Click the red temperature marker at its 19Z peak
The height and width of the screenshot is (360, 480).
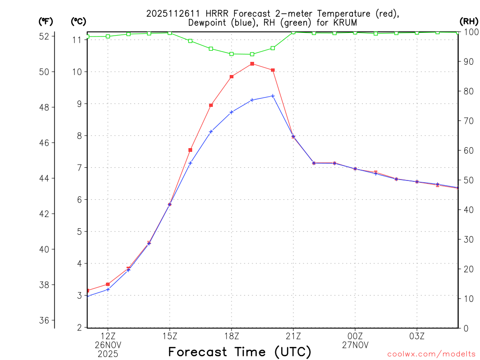252,64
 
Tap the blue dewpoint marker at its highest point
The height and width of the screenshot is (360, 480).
273,96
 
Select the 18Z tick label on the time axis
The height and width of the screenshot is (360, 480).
232,336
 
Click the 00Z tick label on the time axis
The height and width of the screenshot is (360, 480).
355,336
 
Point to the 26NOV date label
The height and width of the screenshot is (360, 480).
108,345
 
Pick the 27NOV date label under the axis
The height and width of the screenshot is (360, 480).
355,345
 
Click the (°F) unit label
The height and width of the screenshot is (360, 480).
46,21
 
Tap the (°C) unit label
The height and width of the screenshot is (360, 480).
79,21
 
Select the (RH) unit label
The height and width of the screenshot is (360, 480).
469,21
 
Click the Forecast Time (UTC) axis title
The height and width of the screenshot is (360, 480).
240,352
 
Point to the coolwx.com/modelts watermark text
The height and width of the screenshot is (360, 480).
431,354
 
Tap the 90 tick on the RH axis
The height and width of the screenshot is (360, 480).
468,61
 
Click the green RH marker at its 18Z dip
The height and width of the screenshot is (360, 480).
232,54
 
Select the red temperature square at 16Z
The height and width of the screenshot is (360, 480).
190,150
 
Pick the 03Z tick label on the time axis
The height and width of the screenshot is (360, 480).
417,336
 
